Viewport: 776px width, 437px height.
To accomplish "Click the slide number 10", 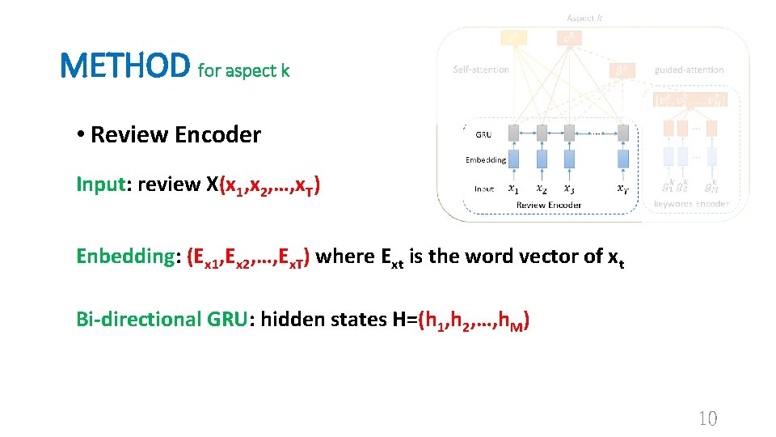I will (706, 418).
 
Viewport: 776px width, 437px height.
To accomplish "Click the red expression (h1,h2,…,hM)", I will (474, 320).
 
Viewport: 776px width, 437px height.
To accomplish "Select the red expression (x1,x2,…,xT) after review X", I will (272, 185).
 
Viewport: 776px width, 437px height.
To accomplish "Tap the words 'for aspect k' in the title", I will (243, 71).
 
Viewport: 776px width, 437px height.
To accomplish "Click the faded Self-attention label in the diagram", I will (481, 70).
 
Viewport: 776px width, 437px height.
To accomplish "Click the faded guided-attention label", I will (689, 70).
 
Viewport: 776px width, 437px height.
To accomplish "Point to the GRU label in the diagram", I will (483, 134).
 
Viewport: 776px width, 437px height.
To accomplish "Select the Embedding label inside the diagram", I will (486, 159).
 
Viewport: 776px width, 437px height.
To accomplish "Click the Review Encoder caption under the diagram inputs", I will (549, 205).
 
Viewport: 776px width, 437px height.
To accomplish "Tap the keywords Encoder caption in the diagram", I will (691, 204).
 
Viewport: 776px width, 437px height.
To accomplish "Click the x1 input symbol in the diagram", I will (513, 189).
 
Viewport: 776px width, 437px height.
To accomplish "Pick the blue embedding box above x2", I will (541, 159).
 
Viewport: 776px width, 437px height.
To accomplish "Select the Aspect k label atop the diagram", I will (584, 17).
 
